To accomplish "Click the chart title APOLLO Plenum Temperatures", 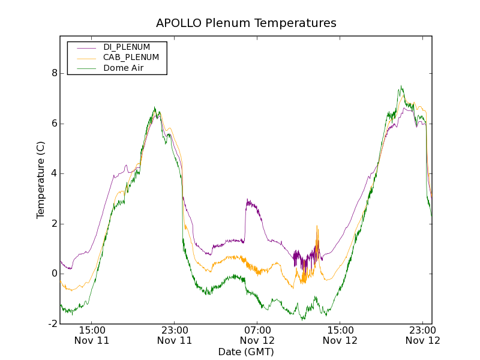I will pyautogui.click(x=246, y=23).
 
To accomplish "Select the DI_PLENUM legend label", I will pyautogui.click(x=127, y=47).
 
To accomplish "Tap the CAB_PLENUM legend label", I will pyautogui.click(x=131, y=58).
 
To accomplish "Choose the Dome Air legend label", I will pyautogui.click(x=124, y=68).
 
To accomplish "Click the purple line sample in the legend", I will pyautogui.click(x=85, y=47).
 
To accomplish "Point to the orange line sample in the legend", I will pyautogui.click(x=85, y=58).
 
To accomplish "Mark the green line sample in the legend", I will pyautogui.click(x=85, y=68).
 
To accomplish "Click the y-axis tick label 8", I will pyautogui.click(x=55, y=73).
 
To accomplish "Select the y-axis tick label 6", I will pyautogui.click(x=55, y=124).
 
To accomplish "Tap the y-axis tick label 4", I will pyautogui.click(x=55, y=173).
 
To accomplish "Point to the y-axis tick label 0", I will pyautogui.click(x=55, y=274).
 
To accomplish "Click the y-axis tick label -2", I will pyautogui.click(x=53, y=324).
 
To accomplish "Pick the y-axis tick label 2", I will pyautogui.click(x=55, y=224).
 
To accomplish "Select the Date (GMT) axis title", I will pyautogui.click(x=246, y=352).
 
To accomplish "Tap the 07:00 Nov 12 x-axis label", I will pyautogui.click(x=257, y=335).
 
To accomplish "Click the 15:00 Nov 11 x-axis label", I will pyautogui.click(x=92, y=335).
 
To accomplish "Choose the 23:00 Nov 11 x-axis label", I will pyautogui.click(x=175, y=335).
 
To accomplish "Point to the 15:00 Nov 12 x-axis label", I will pyautogui.click(x=340, y=335).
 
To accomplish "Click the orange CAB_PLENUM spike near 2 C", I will pyautogui.click(x=317, y=227).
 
